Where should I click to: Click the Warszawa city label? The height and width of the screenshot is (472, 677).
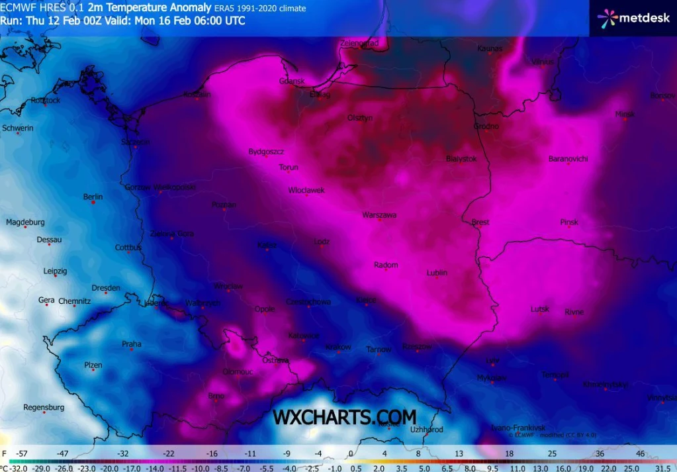pos(379,215)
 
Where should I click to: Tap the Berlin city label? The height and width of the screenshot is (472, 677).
pos(93,197)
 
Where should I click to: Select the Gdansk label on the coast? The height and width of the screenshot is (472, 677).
pos(292,81)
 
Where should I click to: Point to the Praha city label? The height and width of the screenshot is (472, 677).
pos(132,344)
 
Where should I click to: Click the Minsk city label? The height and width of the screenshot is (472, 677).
pos(625,114)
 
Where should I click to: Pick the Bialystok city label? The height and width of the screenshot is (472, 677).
pos(461,159)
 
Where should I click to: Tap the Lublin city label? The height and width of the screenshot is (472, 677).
pos(437,273)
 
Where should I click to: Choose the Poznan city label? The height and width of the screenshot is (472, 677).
pos(224,205)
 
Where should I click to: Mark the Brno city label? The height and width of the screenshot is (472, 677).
pos(216,396)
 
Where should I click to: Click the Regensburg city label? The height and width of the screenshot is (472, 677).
pos(44,407)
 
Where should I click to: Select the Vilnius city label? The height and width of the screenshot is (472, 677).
pos(542,62)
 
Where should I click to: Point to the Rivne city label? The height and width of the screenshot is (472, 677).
pos(574,312)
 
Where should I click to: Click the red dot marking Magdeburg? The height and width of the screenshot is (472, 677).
pos(25,228)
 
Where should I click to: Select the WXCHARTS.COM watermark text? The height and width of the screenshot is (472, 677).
pos(345,417)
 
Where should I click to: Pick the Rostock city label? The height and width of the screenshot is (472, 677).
pos(46,101)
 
